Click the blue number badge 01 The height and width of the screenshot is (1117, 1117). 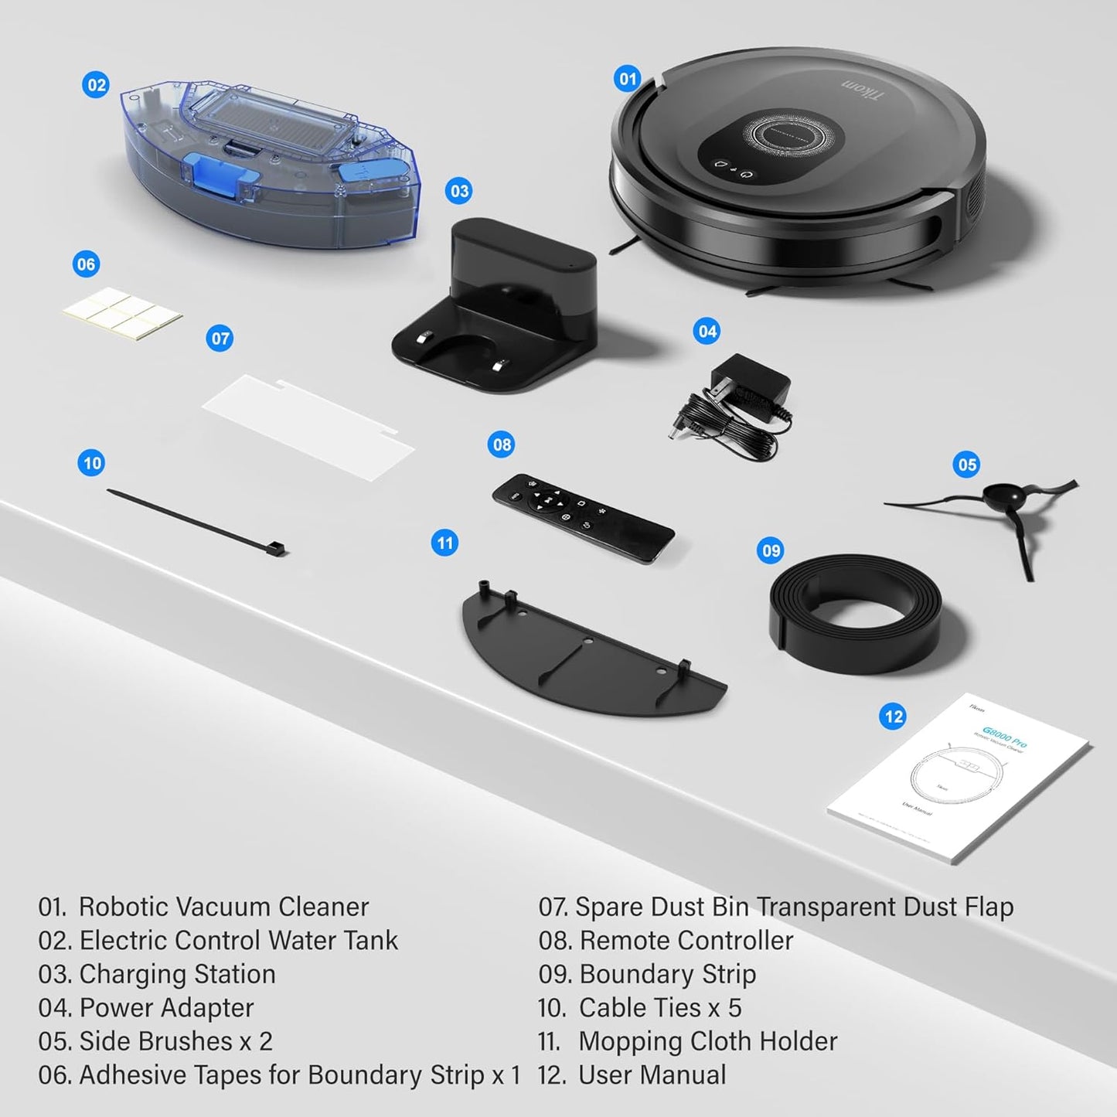628,78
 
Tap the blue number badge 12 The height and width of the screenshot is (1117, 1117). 893,717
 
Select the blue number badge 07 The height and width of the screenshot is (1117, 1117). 220,339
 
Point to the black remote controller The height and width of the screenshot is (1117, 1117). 583,518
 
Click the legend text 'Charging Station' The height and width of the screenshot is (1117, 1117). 177,974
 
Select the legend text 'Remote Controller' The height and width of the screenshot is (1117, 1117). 686,941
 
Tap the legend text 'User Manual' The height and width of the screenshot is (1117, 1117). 652,1075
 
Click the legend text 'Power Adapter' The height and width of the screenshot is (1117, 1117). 166,1008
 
